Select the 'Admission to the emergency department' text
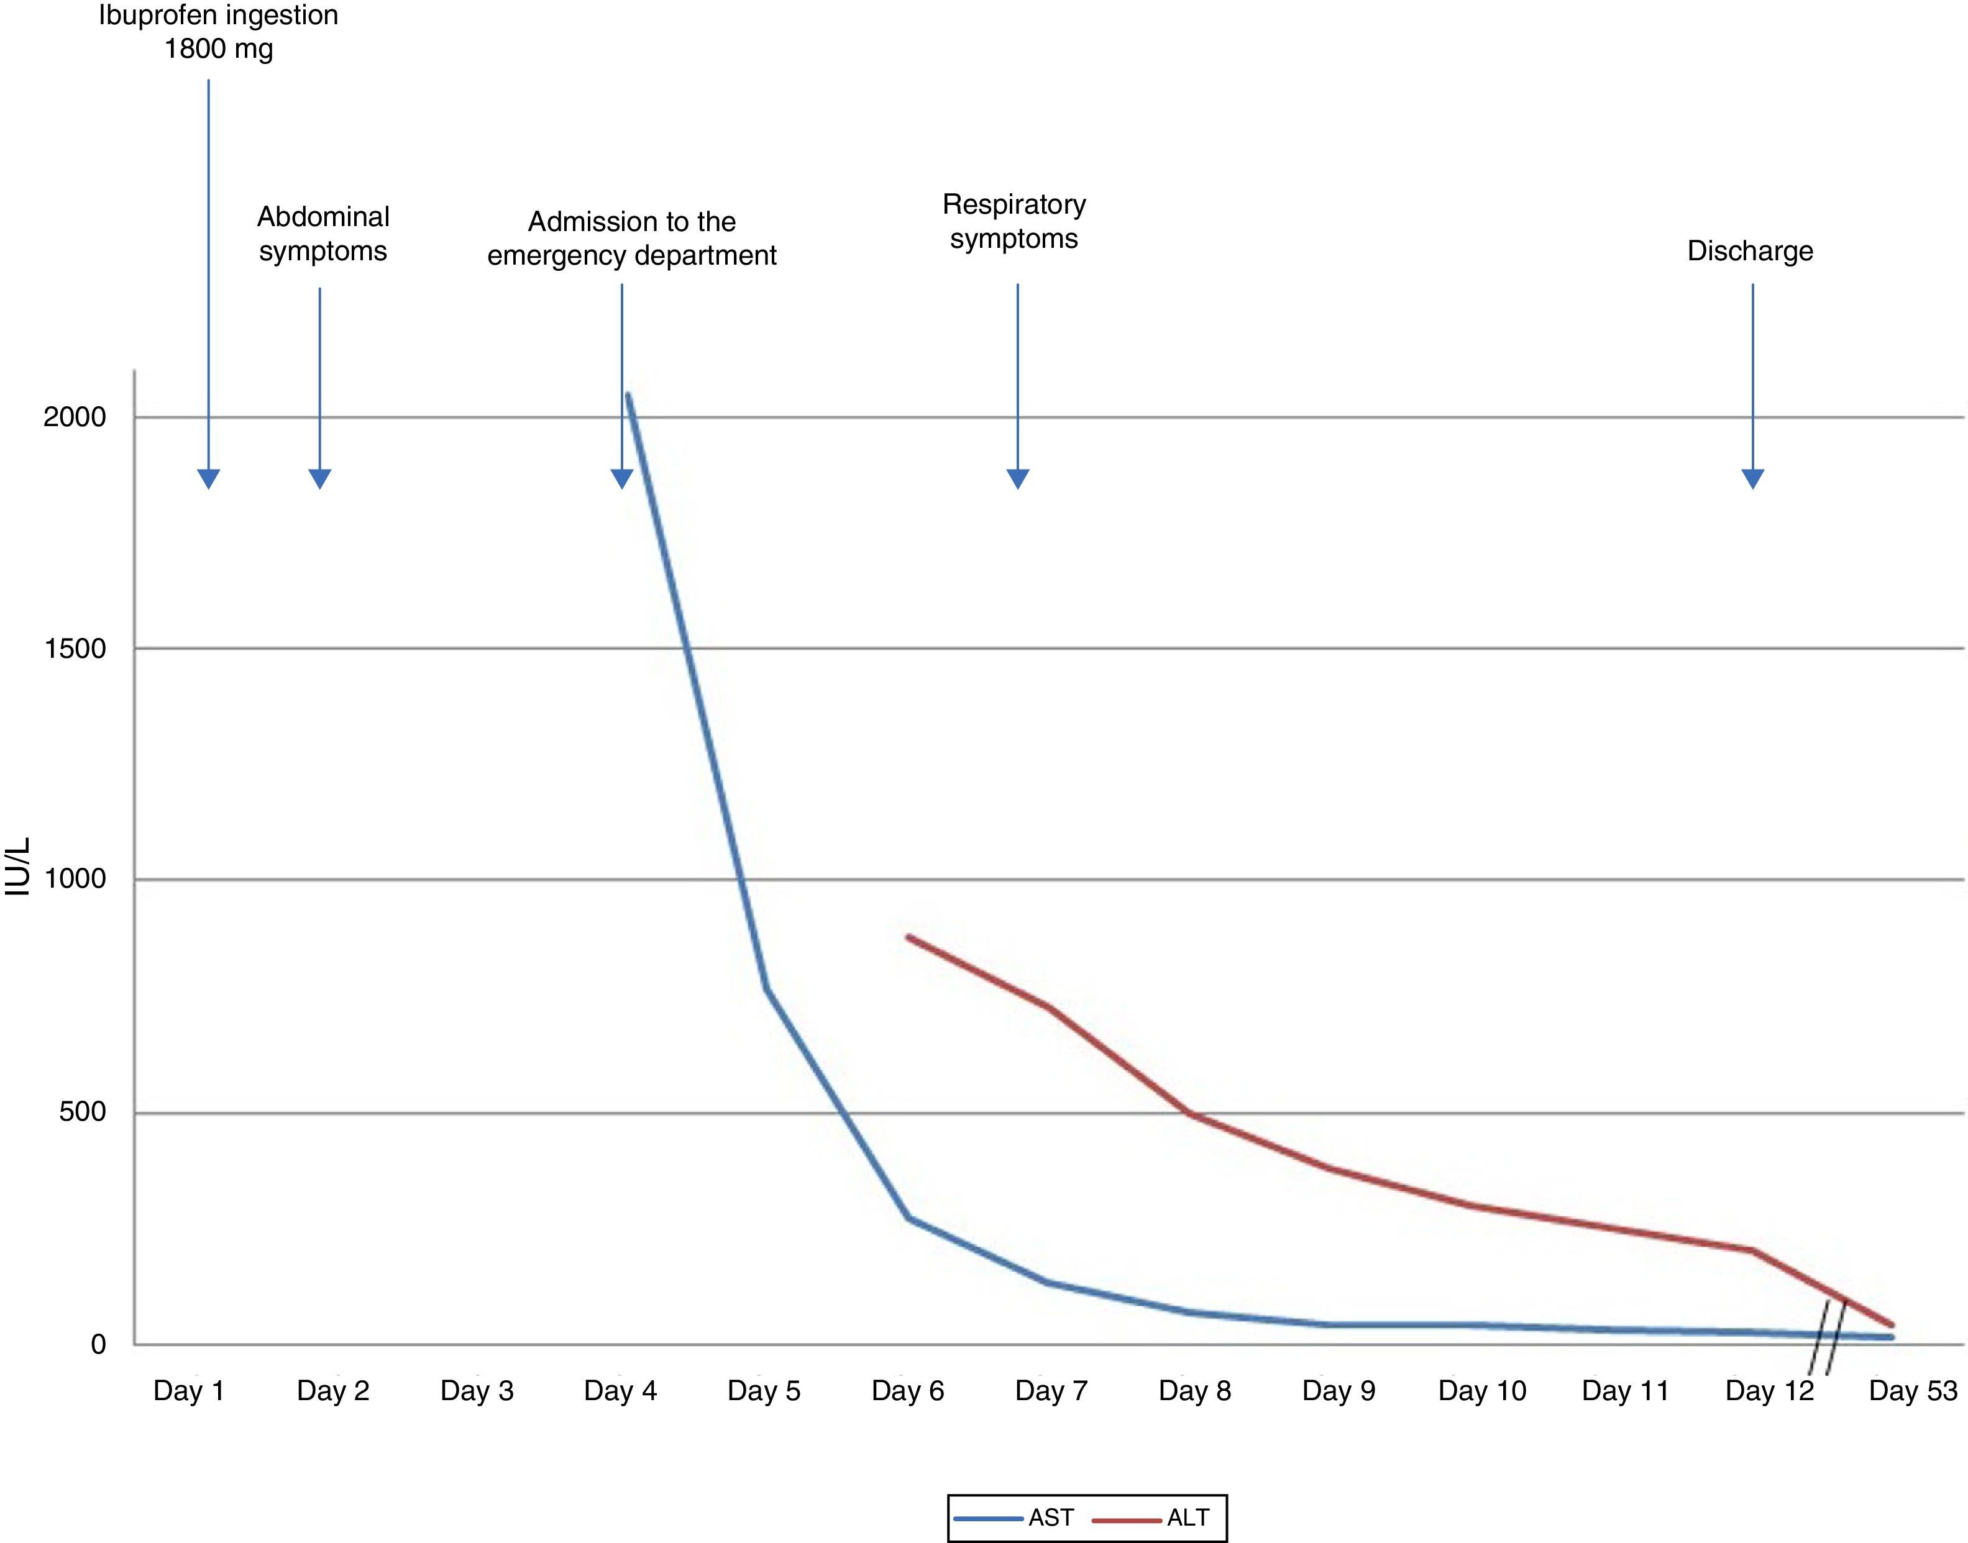tap(631, 239)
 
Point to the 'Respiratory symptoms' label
tap(1014, 221)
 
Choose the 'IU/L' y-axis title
tap(18, 867)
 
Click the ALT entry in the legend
tap(1153, 1518)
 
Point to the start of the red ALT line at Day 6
tap(908, 938)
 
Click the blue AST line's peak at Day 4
tap(627, 395)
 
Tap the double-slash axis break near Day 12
tap(1827, 1337)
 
